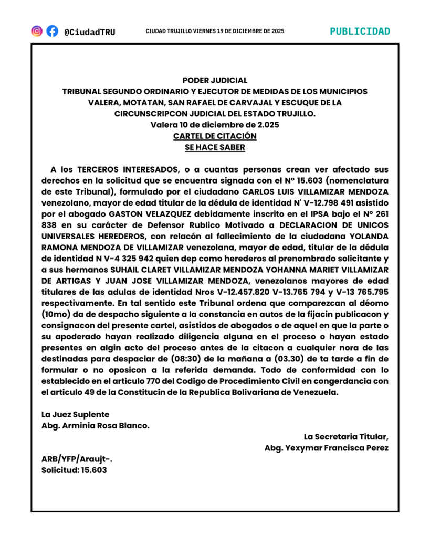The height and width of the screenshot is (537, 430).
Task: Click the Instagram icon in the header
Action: (x=37, y=31)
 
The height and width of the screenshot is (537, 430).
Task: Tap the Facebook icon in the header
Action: (x=52, y=31)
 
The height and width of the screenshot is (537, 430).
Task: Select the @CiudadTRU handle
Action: (x=89, y=32)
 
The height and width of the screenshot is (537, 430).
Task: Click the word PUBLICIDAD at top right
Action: (x=360, y=31)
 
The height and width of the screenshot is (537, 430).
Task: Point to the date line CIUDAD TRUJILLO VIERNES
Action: (x=215, y=31)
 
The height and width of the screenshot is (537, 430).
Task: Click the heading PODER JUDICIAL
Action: (x=215, y=80)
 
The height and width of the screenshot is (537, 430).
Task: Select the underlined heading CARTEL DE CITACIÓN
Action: (x=215, y=136)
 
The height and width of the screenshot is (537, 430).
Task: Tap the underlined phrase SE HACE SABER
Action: (x=215, y=147)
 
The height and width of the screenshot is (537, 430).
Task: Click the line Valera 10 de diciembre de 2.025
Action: (x=215, y=125)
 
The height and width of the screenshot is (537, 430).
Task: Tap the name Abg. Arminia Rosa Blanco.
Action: (x=95, y=426)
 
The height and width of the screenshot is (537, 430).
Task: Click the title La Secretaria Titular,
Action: (x=346, y=437)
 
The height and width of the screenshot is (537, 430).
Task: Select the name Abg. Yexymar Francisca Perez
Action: (x=326, y=448)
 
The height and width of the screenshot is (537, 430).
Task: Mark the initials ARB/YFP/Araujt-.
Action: (x=77, y=459)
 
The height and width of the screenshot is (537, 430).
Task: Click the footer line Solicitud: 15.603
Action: (x=74, y=470)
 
